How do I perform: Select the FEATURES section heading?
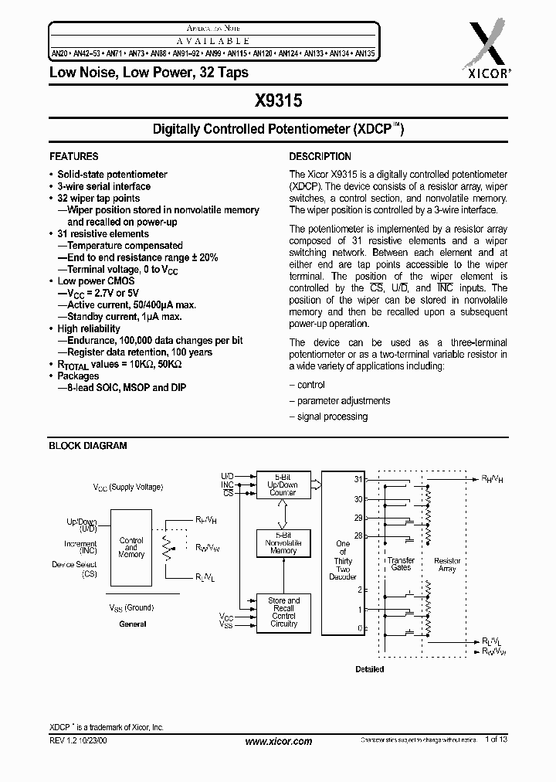pos(73,156)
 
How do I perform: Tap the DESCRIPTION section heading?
pos(320,156)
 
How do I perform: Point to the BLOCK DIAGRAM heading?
pos(88,446)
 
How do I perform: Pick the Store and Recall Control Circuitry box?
pos(283,612)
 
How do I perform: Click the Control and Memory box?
pos(131,547)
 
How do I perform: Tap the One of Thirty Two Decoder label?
pos(342,560)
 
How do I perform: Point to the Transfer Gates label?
pos(401,564)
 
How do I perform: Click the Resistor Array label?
pos(447,564)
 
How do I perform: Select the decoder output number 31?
pos(358,480)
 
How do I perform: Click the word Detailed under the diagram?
pos(369,669)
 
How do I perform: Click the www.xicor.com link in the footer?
pos(278,741)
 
